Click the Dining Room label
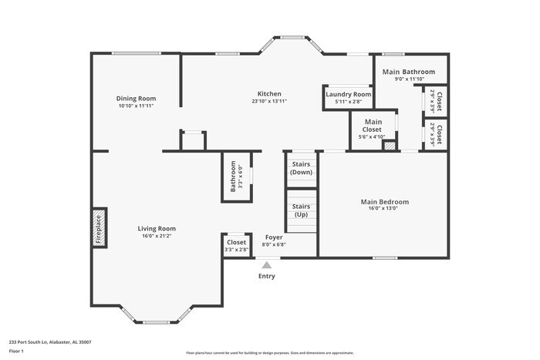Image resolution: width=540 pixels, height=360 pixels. [137, 98]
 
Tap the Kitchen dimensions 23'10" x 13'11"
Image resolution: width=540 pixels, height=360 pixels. [269, 101]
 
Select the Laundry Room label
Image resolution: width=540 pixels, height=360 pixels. [348, 94]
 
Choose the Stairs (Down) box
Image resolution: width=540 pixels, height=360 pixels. [301, 167]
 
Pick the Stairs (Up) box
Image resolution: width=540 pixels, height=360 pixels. [301, 210]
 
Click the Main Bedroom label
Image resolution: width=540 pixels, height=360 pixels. [384, 202]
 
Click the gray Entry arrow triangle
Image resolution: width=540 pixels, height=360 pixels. [266, 265]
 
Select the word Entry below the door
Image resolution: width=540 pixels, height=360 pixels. [266, 276]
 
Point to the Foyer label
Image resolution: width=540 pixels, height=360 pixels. [274, 237]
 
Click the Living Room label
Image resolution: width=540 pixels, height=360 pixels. [157, 228]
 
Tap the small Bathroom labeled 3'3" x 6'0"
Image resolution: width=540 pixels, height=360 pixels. [235, 178]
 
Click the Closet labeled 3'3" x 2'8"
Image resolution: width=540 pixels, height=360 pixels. [236, 245]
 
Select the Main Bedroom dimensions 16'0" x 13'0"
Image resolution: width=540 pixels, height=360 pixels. [384, 209]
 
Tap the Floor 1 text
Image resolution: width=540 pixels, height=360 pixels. [17, 351]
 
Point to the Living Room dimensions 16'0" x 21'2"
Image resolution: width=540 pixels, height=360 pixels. [157, 236]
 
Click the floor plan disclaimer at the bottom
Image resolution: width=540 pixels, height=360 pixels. [269, 352]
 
